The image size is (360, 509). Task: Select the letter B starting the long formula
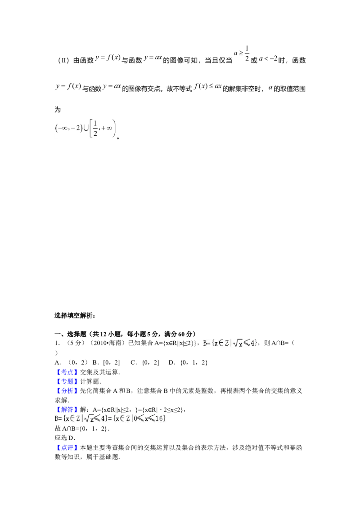[x=57, y=419]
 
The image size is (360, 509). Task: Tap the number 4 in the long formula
[x=103, y=419]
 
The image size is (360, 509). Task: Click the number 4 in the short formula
[x=253, y=343]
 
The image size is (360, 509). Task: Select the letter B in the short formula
[x=205, y=343]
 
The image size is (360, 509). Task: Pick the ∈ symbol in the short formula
[x=221, y=343]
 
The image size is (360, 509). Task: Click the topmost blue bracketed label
[x=67, y=372]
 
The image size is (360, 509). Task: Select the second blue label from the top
[x=67, y=382]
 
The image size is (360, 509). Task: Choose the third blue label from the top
[x=67, y=391]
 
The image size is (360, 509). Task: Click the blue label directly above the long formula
[x=67, y=410]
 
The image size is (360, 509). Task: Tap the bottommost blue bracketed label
[x=67, y=448]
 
